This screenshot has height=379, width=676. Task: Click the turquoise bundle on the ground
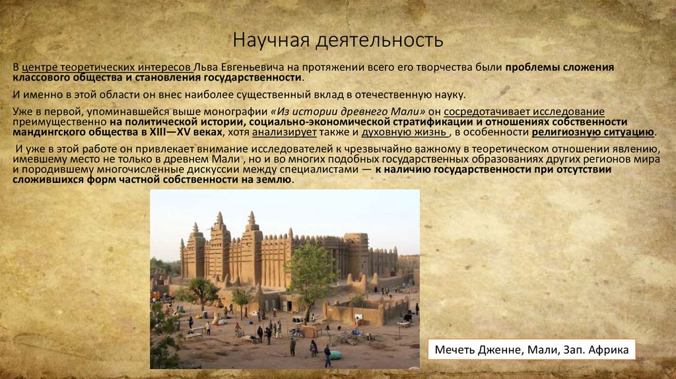[x=336, y=355]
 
